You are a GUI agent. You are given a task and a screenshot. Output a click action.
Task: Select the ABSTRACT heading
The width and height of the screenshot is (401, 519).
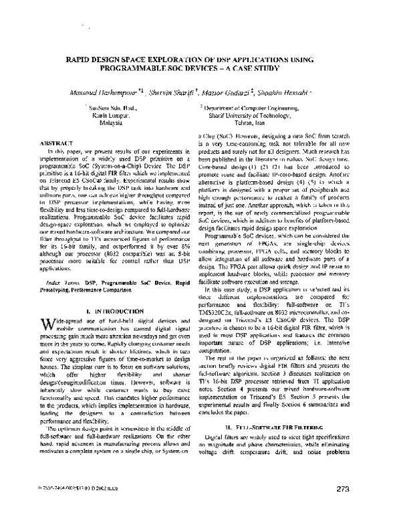coord(52,144)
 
